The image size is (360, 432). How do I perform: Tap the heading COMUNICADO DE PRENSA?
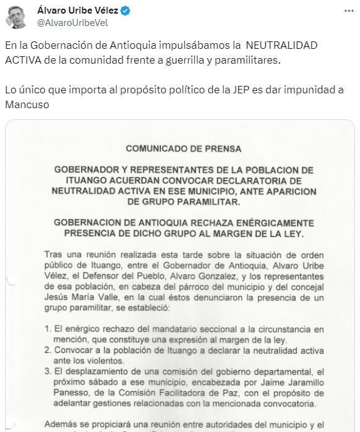[183, 149]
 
